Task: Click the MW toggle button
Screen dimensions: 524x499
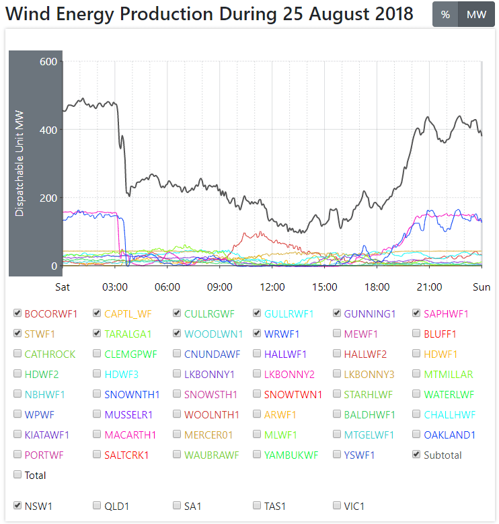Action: [475, 15]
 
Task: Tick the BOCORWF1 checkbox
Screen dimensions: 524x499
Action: [17, 313]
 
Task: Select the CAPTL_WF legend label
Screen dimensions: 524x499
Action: [128, 313]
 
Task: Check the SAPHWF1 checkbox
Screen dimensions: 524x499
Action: [417, 313]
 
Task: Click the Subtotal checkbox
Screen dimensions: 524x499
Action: [417, 455]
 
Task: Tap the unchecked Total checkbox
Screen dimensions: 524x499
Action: [17, 475]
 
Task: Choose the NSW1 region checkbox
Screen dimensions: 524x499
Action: [17, 504]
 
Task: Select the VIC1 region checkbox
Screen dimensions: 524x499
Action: [338, 504]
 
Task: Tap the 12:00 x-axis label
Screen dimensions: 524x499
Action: [272, 287]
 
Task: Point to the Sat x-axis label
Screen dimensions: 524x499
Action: [63, 287]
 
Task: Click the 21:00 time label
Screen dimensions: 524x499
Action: [430, 287]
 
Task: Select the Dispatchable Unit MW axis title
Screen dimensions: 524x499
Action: [20, 164]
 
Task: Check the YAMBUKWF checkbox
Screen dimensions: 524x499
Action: [258, 455]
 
